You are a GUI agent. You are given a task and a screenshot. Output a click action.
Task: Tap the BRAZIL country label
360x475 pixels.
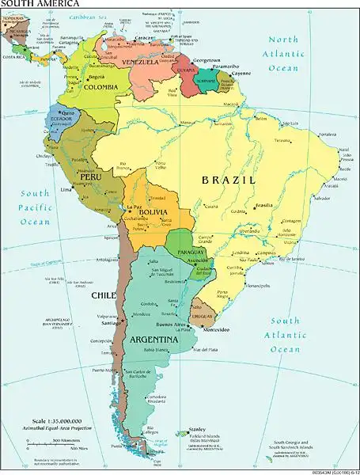(x=229, y=180)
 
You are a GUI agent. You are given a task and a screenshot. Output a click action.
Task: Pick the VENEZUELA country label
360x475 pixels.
(x=142, y=62)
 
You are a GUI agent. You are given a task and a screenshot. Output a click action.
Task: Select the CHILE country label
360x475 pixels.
(x=104, y=295)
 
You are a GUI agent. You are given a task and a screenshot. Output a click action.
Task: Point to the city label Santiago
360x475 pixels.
(x=111, y=322)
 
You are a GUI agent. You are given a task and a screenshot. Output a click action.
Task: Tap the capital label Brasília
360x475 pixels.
(x=264, y=205)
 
